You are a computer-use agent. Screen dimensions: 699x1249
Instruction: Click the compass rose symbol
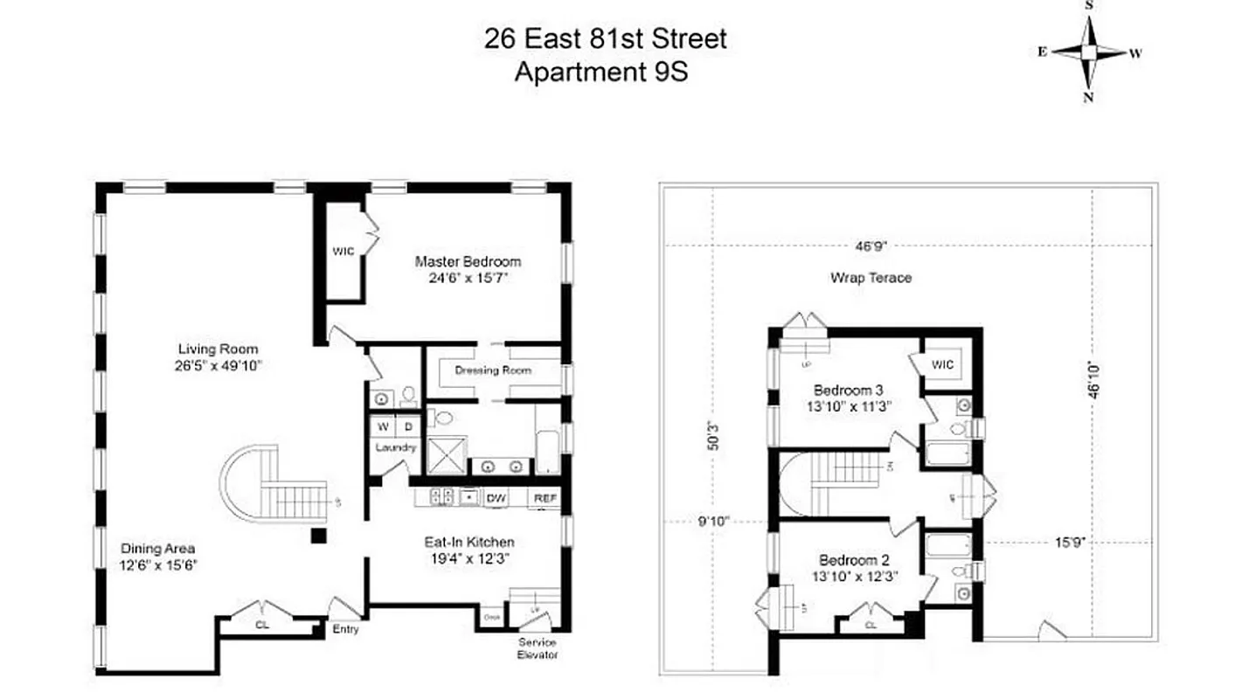tap(1088, 52)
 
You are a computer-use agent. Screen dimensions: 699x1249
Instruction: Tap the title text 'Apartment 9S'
tap(600, 72)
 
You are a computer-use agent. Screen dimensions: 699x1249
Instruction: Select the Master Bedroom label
tap(468, 261)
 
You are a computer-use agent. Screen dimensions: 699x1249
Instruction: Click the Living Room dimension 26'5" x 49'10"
tap(219, 366)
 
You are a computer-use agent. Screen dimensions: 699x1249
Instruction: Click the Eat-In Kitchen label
tap(468, 542)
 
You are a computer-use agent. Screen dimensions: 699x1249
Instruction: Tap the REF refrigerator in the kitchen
tap(545, 498)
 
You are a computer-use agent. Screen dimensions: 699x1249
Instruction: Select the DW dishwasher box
tap(497, 498)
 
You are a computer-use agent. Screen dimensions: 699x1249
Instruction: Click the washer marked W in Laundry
tap(383, 427)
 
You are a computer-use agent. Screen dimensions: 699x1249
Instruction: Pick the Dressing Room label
tap(492, 370)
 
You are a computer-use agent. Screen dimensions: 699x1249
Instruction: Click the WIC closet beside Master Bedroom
tap(343, 252)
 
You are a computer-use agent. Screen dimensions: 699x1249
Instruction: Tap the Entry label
tap(345, 629)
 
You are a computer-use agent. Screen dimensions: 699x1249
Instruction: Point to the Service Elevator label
tap(537, 648)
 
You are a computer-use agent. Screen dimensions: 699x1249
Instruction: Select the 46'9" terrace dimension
tap(871, 246)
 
